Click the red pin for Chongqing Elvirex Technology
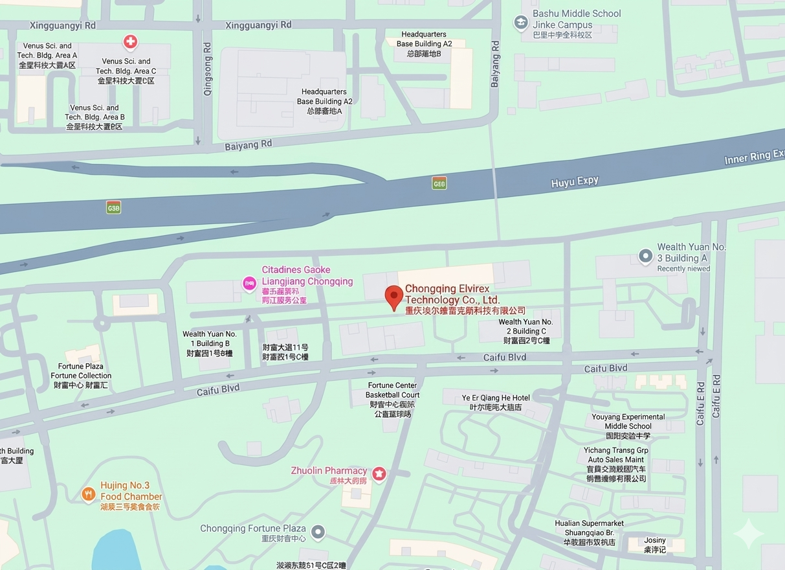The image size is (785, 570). click(x=394, y=297)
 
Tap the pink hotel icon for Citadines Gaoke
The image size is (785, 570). click(x=249, y=283)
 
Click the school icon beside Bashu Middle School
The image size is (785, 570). click(x=520, y=23)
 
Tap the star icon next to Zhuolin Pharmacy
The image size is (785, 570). click(x=379, y=474)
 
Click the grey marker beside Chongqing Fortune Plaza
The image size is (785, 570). click(x=318, y=532)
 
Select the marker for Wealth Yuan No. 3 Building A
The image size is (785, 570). click(x=645, y=256)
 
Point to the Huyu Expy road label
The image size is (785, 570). click(x=575, y=182)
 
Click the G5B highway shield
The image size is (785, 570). click(x=114, y=207)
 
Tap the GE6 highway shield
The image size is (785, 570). click(x=439, y=183)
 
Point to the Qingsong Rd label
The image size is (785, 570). click(x=208, y=78)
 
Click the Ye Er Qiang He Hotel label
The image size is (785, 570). click(x=496, y=402)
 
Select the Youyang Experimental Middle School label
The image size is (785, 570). click(x=628, y=426)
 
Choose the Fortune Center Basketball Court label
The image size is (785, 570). click(x=392, y=399)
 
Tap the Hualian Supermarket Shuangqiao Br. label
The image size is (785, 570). click(x=589, y=532)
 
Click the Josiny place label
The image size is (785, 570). click(x=654, y=545)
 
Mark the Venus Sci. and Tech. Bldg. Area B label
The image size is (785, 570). click(x=94, y=117)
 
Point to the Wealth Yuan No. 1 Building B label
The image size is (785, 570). click(x=209, y=344)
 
